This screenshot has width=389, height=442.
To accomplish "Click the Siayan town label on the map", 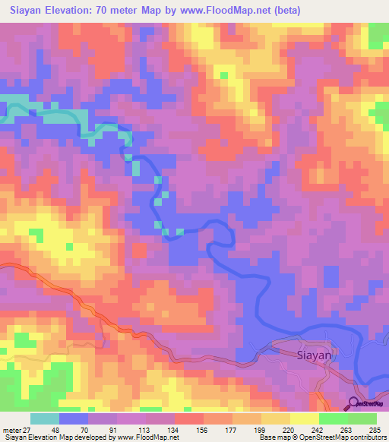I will coord(313,355).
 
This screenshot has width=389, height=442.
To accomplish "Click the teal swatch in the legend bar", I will coord(45,418).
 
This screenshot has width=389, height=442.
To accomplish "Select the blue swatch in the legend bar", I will coord(74,418).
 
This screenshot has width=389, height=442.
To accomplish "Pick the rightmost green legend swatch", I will coord(362,418).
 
